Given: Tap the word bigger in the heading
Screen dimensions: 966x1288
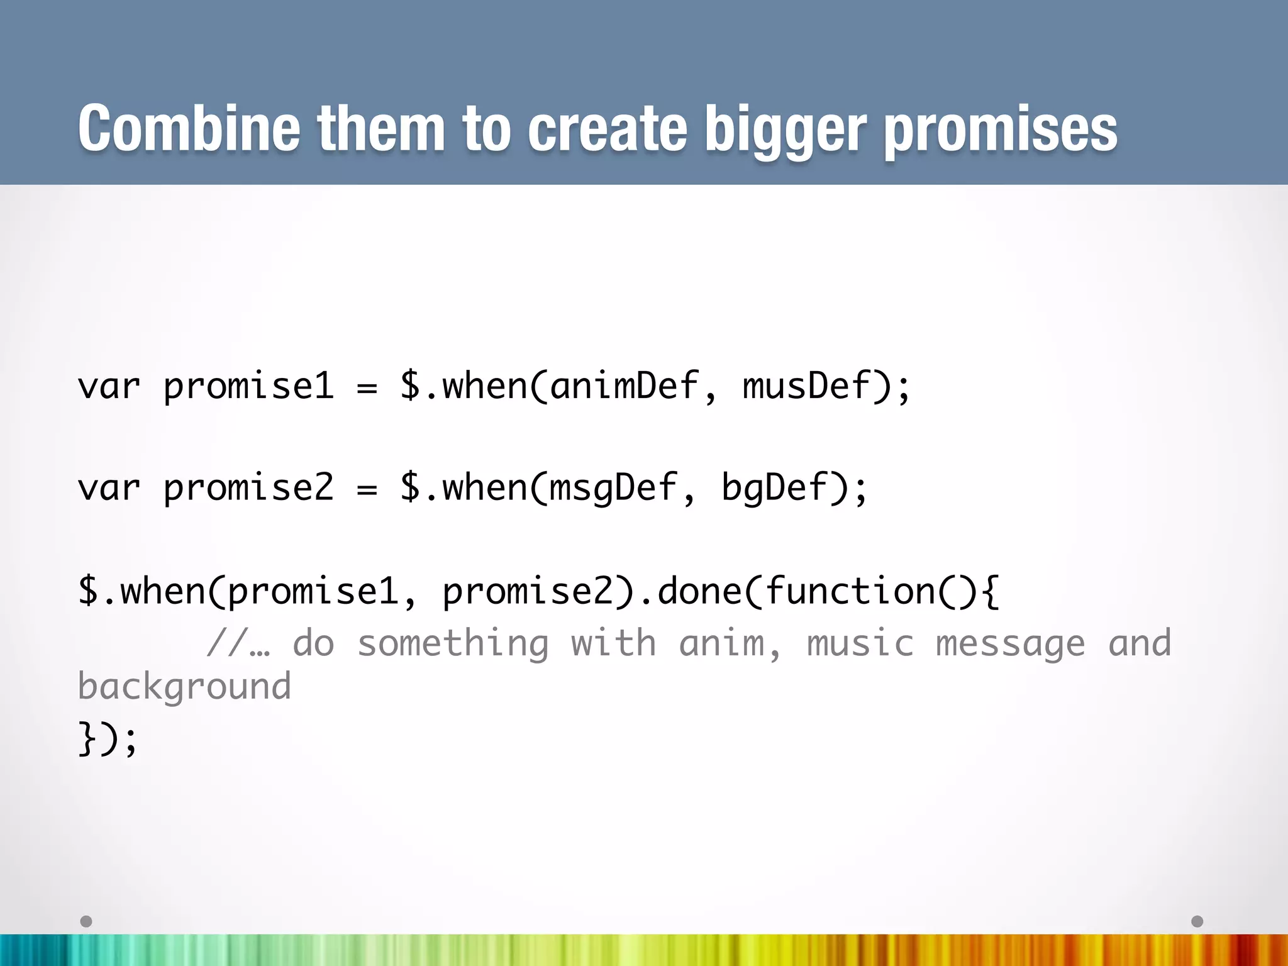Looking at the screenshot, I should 786,130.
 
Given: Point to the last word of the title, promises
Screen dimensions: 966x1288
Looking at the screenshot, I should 1001,130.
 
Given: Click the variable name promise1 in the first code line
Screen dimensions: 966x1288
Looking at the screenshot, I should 248,386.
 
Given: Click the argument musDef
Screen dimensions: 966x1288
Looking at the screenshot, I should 806,386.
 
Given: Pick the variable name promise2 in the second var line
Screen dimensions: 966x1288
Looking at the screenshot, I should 248,488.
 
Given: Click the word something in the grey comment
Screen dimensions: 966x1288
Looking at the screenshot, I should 453,643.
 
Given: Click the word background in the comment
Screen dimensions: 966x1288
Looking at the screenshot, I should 184,686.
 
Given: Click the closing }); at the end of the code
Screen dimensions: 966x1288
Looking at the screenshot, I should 107,737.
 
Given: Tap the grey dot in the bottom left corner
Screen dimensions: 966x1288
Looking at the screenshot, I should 86,921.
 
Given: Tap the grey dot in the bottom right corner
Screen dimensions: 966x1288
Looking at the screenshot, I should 1197,921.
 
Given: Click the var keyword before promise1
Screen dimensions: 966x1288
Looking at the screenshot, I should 108,386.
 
